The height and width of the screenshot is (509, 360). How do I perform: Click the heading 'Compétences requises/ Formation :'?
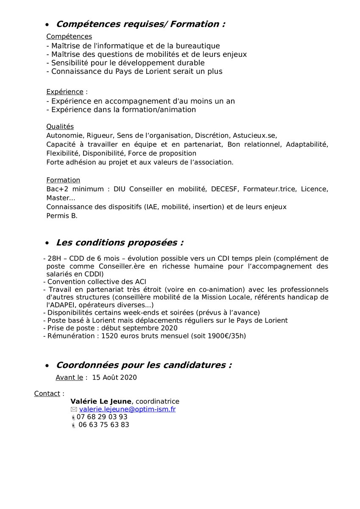[x=140, y=24]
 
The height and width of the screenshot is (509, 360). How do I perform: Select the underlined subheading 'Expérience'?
[x=64, y=92]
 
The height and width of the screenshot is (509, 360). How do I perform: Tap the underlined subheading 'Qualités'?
[x=60, y=126]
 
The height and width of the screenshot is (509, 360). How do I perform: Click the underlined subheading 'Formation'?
[x=63, y=180]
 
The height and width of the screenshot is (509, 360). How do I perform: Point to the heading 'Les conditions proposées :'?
[x=120, y=243]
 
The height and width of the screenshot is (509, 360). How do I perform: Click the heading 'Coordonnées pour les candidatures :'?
[x=144, y=365]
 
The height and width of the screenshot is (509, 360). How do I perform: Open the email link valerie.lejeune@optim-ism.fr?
[x=127, y=409]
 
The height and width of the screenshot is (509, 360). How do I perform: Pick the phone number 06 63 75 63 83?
[x=103, y=425]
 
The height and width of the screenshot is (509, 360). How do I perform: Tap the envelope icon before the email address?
[x=74, y=409]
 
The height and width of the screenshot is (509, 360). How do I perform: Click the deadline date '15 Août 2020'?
[x=114, y=378]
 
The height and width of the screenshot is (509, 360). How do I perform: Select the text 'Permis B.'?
[x=62, y=215]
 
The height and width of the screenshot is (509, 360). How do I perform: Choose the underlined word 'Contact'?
[x=47, y=394]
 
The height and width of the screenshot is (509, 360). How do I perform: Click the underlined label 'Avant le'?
[x=69, y=378]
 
